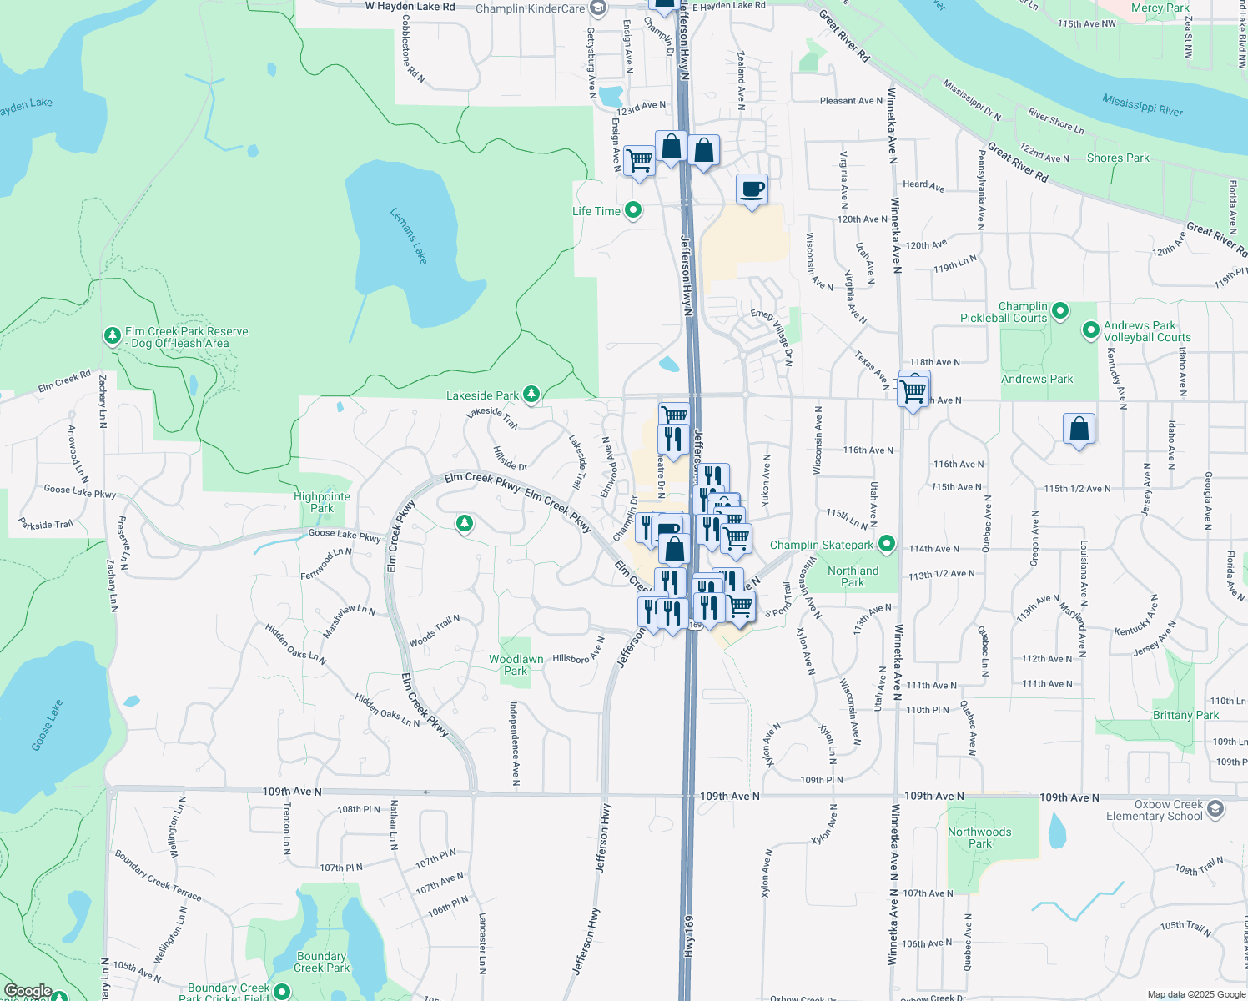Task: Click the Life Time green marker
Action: click(x=633, y=210)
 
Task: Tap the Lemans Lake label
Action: click(x=409, y=236)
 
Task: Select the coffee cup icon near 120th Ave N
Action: click(x=752, y=189)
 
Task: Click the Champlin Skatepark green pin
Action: click(x=888, y=545)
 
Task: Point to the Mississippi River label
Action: click(x=1142, y=105)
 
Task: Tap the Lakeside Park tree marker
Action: click(x=531, y=394)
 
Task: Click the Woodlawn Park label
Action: click(x=516, y=665)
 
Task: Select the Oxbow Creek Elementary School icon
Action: click(x=1215, y=808)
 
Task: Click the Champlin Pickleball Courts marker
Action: click(x=1060, y=311)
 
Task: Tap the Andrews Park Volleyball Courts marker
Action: click(x=1090, y=330)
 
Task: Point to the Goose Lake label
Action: click(x=48, y=725)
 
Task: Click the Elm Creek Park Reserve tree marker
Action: click(x=113, y=335)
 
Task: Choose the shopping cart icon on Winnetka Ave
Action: click(x=913, y=390)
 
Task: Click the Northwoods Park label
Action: click(x=979, y=838)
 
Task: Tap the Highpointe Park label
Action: click(x=322, y=502)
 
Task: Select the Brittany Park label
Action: click(x=1185, y=715)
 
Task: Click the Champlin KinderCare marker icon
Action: click(x=597, y=8)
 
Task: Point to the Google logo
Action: click(x=28, y=992)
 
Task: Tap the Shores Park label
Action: click(x=1118, y=158)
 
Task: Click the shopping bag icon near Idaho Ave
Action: click(x=1079, y=430)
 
